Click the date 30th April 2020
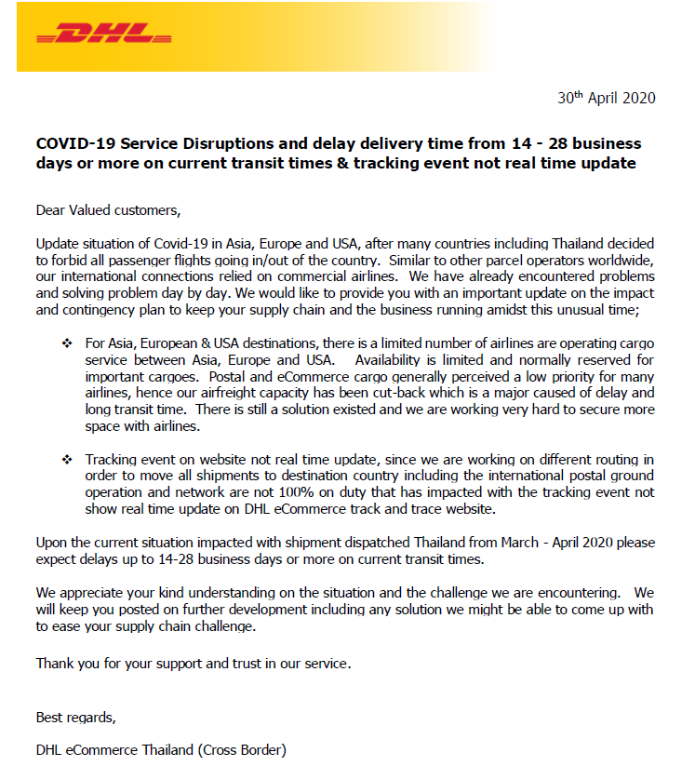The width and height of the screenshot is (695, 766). [606, 98]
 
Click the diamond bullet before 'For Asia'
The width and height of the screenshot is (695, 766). [67, 344]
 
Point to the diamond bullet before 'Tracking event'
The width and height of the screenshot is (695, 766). [67, 460]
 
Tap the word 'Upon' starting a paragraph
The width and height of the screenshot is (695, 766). [52, 542]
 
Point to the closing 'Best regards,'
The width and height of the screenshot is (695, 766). [76, 717]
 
